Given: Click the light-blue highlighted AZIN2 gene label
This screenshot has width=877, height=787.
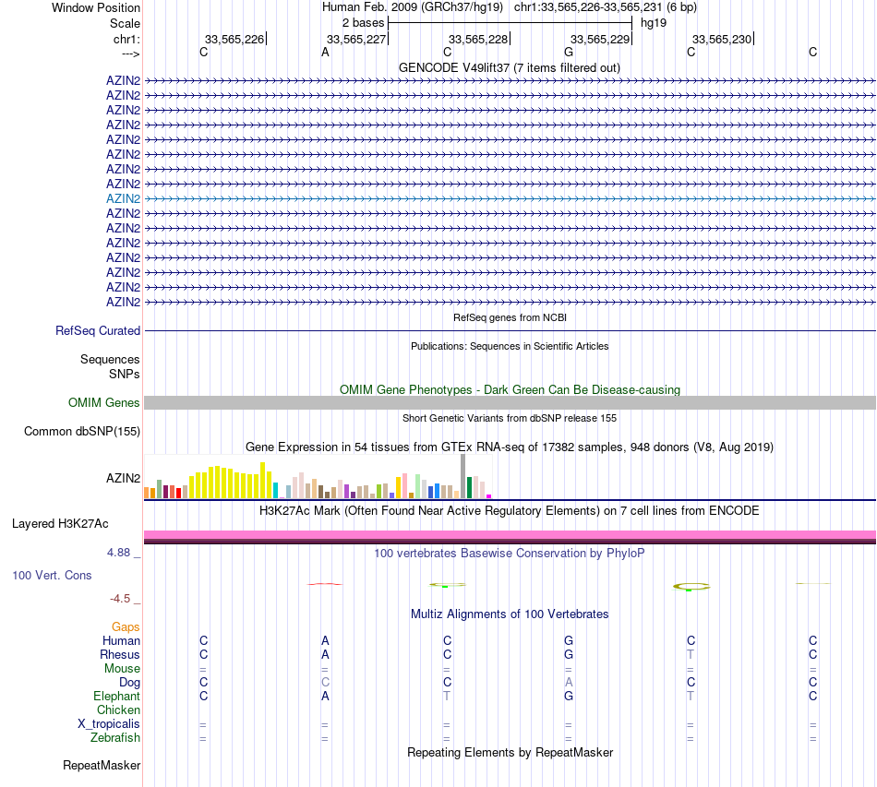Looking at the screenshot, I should tap(123, 198).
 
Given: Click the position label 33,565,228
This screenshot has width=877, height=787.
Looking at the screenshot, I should tap(477, 39).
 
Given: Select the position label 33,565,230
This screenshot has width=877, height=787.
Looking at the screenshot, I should tap(722, 39).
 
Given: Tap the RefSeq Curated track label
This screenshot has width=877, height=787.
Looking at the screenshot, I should tap(98, 330).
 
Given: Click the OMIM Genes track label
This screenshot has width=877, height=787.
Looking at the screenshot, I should tap(104, 402).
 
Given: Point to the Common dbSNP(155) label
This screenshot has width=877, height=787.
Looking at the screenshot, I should tap(82, 431).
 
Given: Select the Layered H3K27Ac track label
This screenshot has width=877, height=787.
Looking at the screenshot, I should tap(60, 524).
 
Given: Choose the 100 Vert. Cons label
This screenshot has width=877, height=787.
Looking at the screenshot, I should tap(52, 575).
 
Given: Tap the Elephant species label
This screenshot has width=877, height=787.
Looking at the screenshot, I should tap(116, 696).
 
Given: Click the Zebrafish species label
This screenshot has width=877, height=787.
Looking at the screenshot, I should tap(115, 737).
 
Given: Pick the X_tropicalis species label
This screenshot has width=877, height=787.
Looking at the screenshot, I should tap(109, 723).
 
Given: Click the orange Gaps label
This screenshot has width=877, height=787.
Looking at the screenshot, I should tap(126, 626).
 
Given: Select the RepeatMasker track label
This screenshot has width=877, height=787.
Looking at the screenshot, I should tap(102, 765).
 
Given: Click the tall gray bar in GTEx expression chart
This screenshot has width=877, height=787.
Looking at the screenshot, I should tap(463, 476).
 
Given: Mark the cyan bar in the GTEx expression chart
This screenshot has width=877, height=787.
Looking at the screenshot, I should tap(275, 491).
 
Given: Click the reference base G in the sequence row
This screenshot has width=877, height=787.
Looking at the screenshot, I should tap(569, 53).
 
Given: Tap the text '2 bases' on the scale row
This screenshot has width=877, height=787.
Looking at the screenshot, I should tap(363, 22).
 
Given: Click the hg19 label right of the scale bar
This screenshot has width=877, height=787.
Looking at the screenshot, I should tap(654, 22).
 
